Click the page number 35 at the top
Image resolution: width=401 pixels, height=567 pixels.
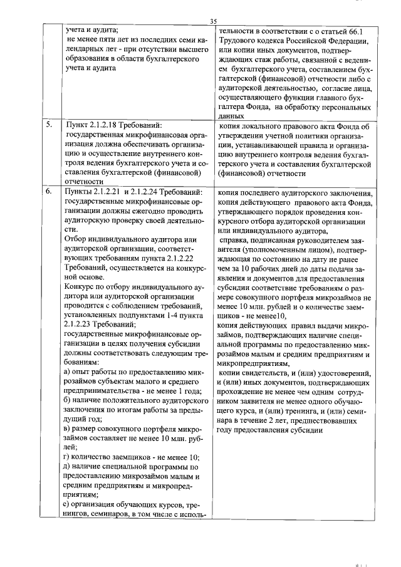213,21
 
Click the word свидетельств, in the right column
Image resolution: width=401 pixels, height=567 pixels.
270,373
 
